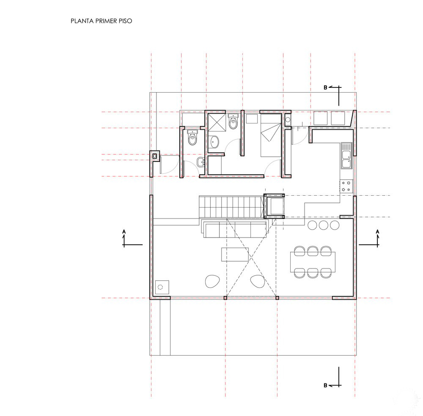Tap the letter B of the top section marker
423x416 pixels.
pyautogui.click(x=325, y=88)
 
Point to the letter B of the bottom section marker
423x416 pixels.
pyautogui.click(x=325, y=386)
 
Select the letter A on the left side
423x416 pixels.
pyautogui.click(x=124, y=232)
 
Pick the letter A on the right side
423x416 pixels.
pyautogui.click(x=377, y=232)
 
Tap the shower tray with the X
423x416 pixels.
pyautogui.click(x=217, y=122)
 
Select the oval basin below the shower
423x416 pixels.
pyautogui.click(x=215, y=142)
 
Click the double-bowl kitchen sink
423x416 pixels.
pyautogui.click(x=346, y=156)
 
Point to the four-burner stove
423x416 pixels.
pyautogui.click(x=346, y=186)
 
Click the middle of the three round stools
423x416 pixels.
pyautogui.click(x=323, y=225)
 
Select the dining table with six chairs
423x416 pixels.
pyautogui.click(x=313, y=262)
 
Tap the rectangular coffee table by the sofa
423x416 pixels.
pyautogui.click(x=235, y=255)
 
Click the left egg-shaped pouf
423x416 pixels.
pyautogui.click(x=213, y=282)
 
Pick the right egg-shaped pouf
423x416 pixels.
pyautogui.click(x=258, y=282)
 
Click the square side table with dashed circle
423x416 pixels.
pyautogui.click(x=162, y=287)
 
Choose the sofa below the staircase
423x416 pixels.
pyautogui.click(x=235, y=228)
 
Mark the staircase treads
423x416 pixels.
pyautogui.click(x=231, y=207)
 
